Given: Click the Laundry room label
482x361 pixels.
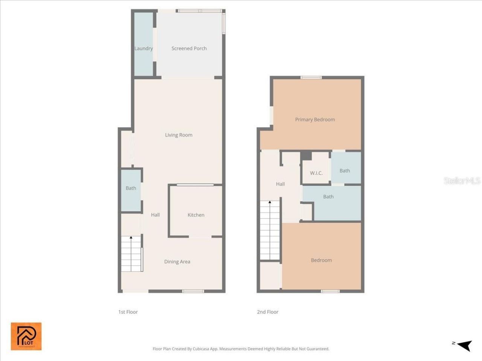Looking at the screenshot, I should click(x=143, y=49).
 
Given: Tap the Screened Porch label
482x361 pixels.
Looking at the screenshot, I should click(x=189, y=49).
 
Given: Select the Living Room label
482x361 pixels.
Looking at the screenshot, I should click(x=178, y=135).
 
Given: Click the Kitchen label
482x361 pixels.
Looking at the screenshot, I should click(x=196, y=215).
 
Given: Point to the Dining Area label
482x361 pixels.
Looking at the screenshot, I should click(x=177, y=262).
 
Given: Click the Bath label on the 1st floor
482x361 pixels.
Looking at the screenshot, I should click(x=131, y=188).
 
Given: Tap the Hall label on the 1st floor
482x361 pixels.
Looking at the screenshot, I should click(x=155, y=215).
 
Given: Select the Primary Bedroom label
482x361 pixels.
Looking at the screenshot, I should click(x=315, y=120).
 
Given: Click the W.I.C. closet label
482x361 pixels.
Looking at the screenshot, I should click(x=316, y=173).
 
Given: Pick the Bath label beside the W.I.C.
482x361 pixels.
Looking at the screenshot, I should click(x=345, y=171).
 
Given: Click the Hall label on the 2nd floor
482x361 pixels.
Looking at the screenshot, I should click(x=280, y=184).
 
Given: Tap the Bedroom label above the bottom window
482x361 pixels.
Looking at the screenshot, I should click(x=321, y=260).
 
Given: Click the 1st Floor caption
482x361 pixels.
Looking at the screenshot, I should click(x=128, y=312).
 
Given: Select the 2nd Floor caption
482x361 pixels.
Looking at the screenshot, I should click(x=268, y=312).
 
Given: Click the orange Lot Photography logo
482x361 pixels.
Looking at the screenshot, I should click(x=26, y=336).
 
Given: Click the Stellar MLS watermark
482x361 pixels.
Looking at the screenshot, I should click(x=462, y=181).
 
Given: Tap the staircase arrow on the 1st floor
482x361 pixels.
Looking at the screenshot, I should click(x=131, y=238).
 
